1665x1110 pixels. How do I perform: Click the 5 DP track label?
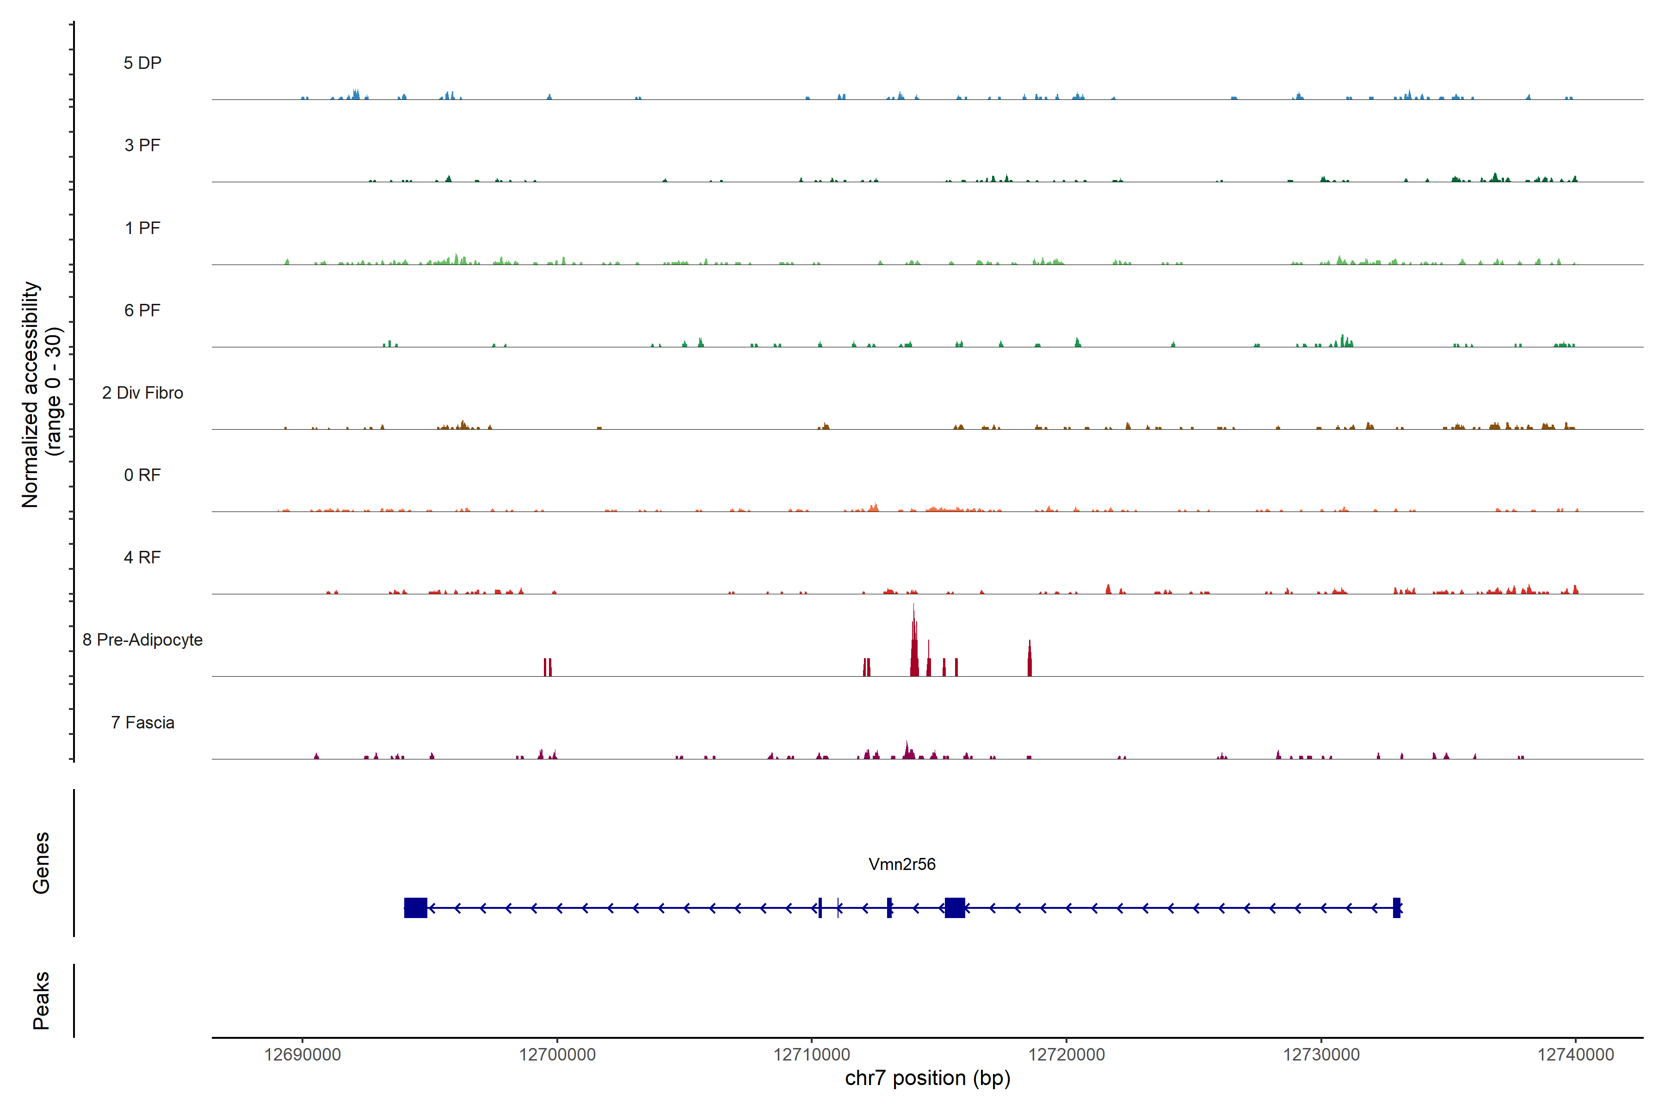[142, 63]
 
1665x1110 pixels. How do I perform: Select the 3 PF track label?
[142, 145]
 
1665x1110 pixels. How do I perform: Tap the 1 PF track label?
[142, 228]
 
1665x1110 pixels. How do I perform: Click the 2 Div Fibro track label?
[142, 393]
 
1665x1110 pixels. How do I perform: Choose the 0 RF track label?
[142, 475]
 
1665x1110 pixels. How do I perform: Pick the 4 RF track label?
[142, 557]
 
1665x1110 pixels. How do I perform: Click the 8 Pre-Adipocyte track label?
[142, 640]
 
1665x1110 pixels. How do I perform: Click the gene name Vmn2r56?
[902, 864]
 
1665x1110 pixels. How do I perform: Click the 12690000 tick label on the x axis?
[302, 1055]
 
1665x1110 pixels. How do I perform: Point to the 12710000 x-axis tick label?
[812, 1055]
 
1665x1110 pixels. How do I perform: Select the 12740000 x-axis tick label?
[1576, 1055]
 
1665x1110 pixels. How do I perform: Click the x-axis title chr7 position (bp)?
[927, 1078]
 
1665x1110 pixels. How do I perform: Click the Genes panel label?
[41, 863]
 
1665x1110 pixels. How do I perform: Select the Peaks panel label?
[41, 1000]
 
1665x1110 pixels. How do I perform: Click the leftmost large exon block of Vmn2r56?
[415, 907]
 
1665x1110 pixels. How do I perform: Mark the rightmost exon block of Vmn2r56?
[1397, 907]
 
